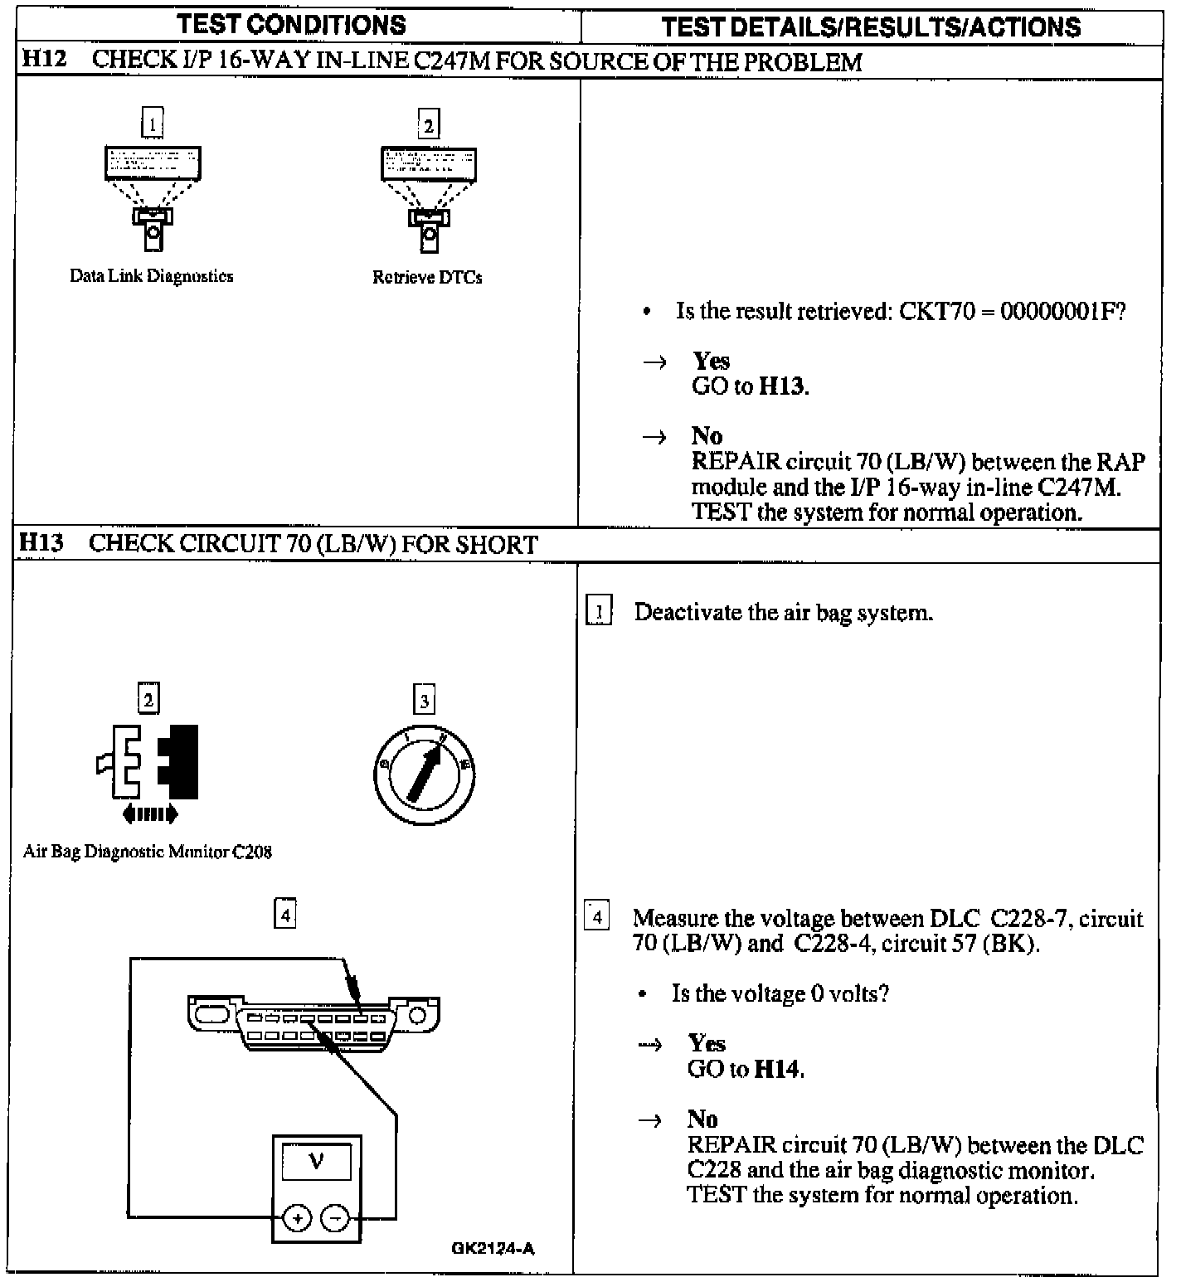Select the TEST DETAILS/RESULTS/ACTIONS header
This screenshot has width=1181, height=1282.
pos(871,27)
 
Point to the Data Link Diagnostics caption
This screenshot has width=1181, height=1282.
pos(151,276)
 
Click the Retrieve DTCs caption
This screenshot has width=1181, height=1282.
pos(427,277)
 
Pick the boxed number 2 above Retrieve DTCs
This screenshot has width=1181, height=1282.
pos(428,124)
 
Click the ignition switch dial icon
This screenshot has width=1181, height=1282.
pos(424,773)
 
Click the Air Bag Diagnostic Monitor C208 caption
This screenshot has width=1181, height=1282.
pos(147,852)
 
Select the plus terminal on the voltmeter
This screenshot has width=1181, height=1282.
pos(297,1218)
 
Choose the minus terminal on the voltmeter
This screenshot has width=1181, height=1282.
pos(335,1218)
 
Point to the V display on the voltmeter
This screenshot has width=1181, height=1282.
pos(316,1162)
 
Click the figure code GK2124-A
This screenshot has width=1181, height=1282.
pos(493,1248)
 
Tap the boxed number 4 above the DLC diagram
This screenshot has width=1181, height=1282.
pos(284,915)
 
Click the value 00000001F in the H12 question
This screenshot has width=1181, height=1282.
pos(1062,312)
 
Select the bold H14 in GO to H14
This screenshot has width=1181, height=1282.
pos(778,1069)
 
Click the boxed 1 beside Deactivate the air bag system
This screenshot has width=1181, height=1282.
pos(599,612)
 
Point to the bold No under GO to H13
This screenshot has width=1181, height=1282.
pos(707,436)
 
